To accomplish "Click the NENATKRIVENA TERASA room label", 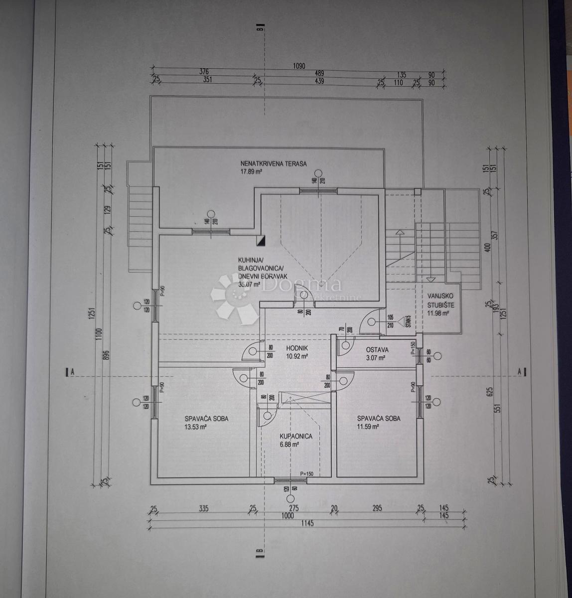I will [x=273, y=163].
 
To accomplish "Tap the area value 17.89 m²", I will [x=251, y=171].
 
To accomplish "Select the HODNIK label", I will [x=296, y=349].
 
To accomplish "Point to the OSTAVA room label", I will [x=377, y=350].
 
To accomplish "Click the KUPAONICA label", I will [x=295, y=436].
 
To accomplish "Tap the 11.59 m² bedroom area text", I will [x=368, y=427].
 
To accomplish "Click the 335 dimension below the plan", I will [x=203, y=509].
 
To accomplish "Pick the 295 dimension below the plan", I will [x=377, y=508].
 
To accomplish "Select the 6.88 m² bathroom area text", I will [x=289, y=445].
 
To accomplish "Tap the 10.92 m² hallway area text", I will [x=297, y=356].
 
